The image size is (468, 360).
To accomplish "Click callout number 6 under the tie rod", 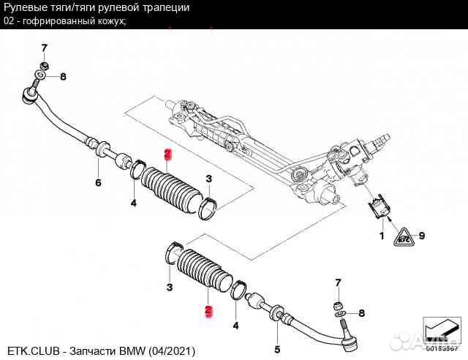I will [97, 182].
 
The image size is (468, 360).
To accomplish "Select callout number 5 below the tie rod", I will [276, 349].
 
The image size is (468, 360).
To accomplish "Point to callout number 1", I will [380, 236].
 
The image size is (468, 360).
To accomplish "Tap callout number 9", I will [422, 235].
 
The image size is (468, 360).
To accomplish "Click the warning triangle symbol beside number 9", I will [403, 236].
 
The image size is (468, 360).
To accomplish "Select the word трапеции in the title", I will [165, 7].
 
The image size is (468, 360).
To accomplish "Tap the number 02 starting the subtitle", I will [10, 20].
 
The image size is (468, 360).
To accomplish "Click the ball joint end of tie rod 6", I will [32, 93].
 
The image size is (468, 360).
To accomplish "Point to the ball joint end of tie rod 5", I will [350, 337].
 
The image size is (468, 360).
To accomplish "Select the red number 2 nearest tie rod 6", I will [167, 154].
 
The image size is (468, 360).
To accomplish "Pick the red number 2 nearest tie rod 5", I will [208, 311].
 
